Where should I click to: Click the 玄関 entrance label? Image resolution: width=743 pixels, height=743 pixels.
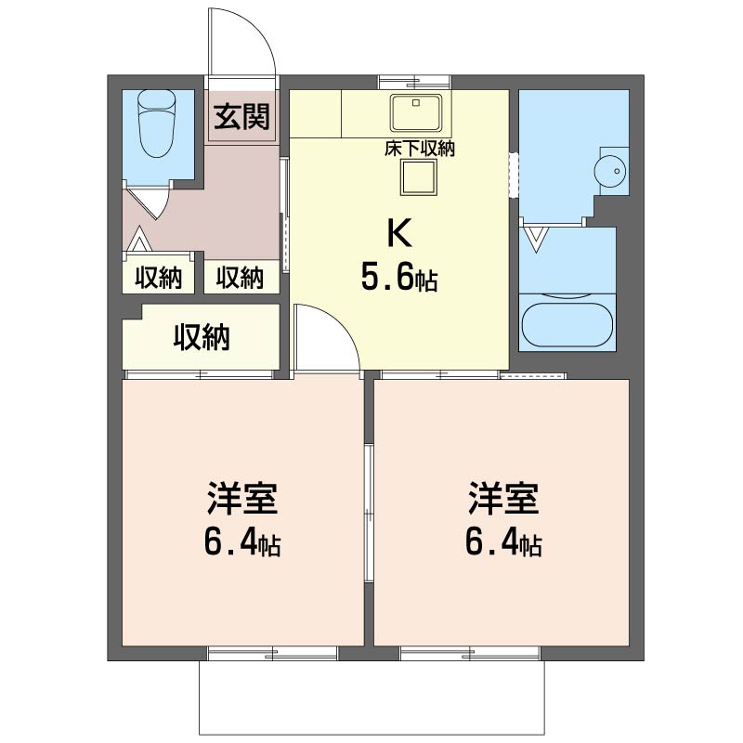[241, 117]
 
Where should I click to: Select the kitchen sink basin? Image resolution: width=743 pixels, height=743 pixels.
[416, 112]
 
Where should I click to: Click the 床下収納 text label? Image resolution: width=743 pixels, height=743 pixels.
[420, 149]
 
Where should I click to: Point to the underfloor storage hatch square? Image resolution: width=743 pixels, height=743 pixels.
[419, 177]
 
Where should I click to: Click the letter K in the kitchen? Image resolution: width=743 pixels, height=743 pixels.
[399, 233]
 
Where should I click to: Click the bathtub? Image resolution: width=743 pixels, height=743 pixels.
[567, 322]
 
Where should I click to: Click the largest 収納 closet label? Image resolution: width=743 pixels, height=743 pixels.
[202, 337]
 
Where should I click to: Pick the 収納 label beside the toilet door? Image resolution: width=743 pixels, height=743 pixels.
[159, 277]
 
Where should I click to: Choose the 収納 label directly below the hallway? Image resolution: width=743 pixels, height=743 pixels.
[240, 277]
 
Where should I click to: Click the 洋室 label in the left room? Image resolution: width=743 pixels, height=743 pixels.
[242, 499]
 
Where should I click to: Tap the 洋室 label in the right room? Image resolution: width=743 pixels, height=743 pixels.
[503, 499]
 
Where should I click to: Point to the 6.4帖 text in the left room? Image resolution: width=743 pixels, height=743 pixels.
[242, 542]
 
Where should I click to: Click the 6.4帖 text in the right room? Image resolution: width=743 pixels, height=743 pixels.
[503, 542]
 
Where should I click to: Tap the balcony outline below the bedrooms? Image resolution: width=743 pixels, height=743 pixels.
[371, 735]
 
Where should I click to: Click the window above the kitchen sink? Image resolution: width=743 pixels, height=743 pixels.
[414, 82]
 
